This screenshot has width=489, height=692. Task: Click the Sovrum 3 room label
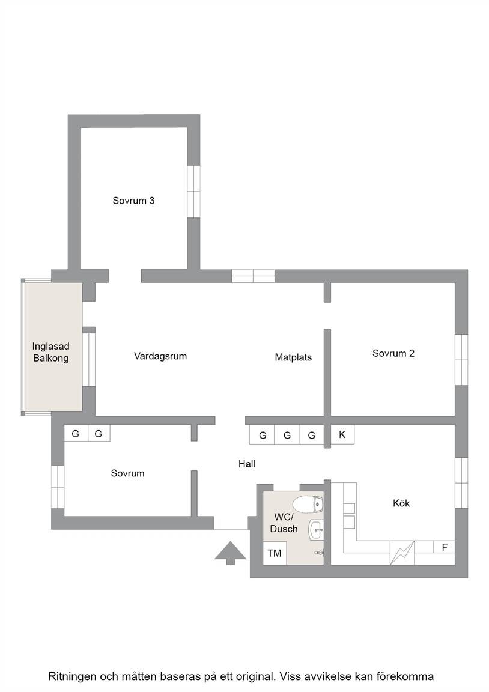click(133, 201)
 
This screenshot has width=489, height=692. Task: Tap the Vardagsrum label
click(160, 356)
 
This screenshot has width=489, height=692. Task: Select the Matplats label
click(293, 357)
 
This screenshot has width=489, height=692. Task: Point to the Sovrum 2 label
click(393, 353)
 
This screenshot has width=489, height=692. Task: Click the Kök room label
click(401, 503)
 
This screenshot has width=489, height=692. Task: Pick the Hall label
click(247, 464)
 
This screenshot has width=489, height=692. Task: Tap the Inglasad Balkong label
click(50, 352)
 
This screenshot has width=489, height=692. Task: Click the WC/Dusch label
click(284, 523)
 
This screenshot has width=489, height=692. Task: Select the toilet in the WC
click(309, 503)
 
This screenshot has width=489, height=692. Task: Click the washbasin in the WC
click(317, 530)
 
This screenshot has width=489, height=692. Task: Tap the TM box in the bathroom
click(275, 553)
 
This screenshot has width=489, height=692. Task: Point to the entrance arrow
click(230, 553)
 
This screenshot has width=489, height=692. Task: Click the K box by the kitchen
click(342, 435)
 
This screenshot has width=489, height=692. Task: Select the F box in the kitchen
click(445, 547)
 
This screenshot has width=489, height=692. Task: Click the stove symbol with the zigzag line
click(402, 553)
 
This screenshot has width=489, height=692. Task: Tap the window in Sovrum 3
click(193, 192)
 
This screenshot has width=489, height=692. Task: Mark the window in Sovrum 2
click(461, 360)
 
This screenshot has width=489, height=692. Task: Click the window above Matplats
click(254, 276)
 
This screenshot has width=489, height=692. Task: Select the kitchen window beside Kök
click(461, 483)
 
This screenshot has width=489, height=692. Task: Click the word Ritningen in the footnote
click(72, 676)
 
